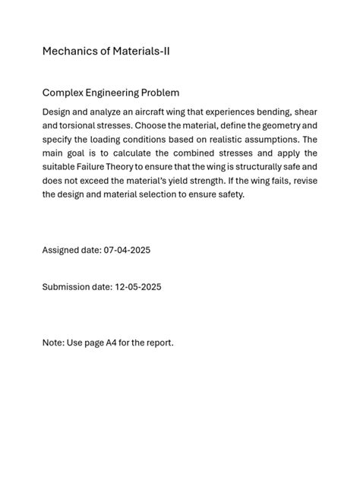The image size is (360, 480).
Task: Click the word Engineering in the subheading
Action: [x=114, y=93]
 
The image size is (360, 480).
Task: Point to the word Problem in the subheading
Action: [x=163, y=93]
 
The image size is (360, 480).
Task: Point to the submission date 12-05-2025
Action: [x=138, y=287]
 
